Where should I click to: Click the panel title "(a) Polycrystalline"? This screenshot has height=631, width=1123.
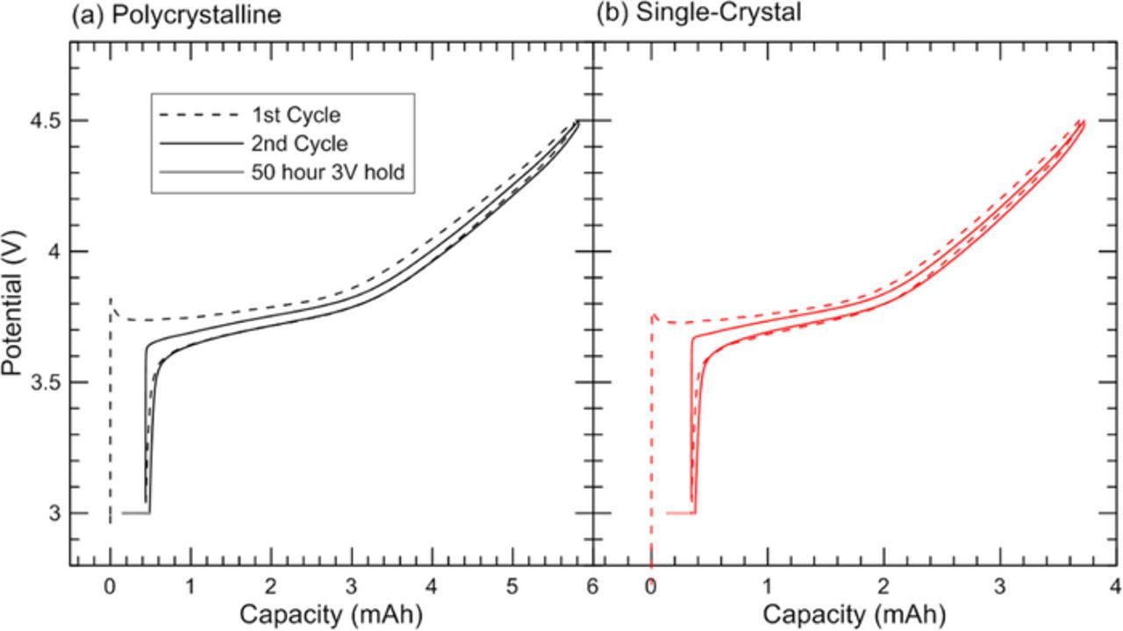pyautogui.click(x=176, y=15)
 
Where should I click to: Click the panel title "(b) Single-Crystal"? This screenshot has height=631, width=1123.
pyautogui.click(x=698, y=14)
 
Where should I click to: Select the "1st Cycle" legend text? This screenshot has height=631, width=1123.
pyautogui.click(x=296, y=115)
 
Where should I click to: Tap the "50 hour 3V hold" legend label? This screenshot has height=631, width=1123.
pyautogui.click(x=327, y=172)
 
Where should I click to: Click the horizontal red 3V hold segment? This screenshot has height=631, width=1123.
pyautogui.click(x=681, y=513)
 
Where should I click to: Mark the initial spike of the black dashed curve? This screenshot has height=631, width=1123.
pyautogui.click(x=111, y=303)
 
